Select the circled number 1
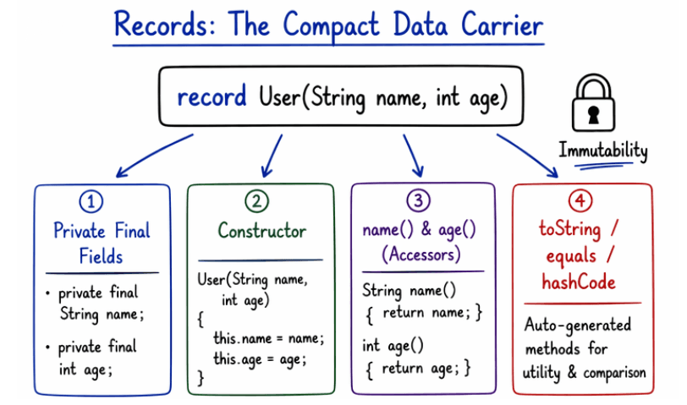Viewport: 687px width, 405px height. pos(90,201)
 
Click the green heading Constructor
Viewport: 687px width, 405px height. pos(261,230)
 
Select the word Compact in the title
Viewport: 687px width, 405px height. pos(327,25)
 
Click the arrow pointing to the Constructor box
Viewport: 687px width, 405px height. pos(272,153)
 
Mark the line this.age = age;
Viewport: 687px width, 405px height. pos(259,358)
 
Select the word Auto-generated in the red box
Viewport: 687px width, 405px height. pos(577,325)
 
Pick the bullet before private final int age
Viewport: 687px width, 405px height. pos(50,348)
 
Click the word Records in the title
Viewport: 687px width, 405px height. pos(161,25)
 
